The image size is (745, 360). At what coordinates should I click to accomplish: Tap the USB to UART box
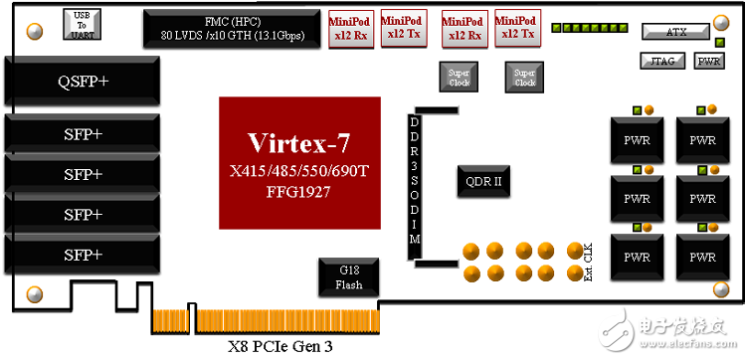(81, 23)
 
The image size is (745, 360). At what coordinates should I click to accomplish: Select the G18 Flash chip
(349, 278)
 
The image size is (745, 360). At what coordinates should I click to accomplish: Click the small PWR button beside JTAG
(709, 61)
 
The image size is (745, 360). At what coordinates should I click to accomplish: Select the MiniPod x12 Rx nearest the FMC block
(350, 28)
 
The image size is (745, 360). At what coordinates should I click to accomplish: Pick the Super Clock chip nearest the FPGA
(460, 78)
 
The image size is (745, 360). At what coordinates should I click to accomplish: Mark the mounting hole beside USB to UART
(35, 31)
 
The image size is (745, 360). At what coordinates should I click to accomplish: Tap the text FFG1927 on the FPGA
(300, 191)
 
